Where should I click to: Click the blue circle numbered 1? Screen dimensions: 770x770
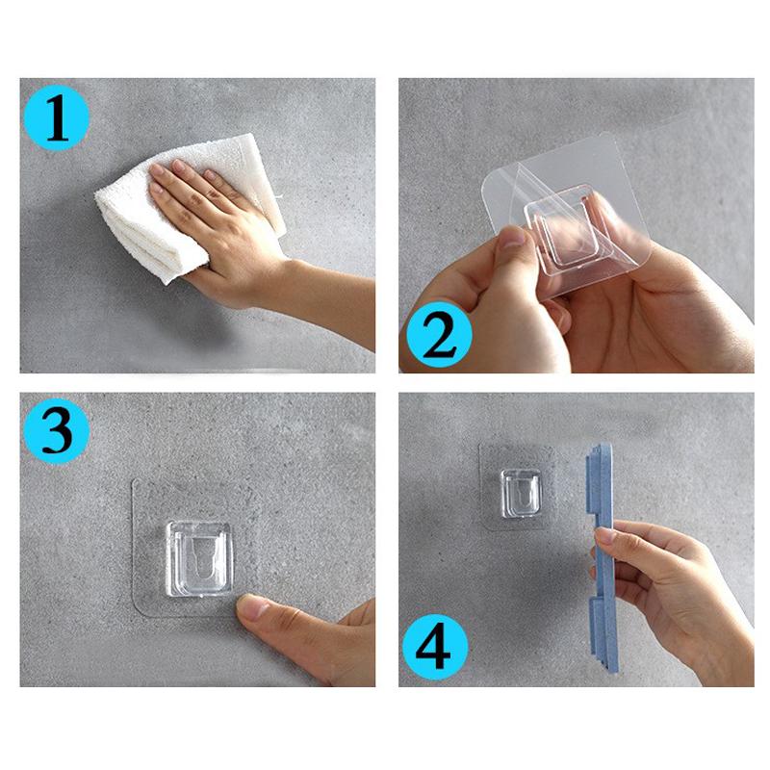(57, 119)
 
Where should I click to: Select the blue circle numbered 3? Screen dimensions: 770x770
(57, 429)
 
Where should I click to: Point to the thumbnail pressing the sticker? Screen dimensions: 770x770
(254, 608)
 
